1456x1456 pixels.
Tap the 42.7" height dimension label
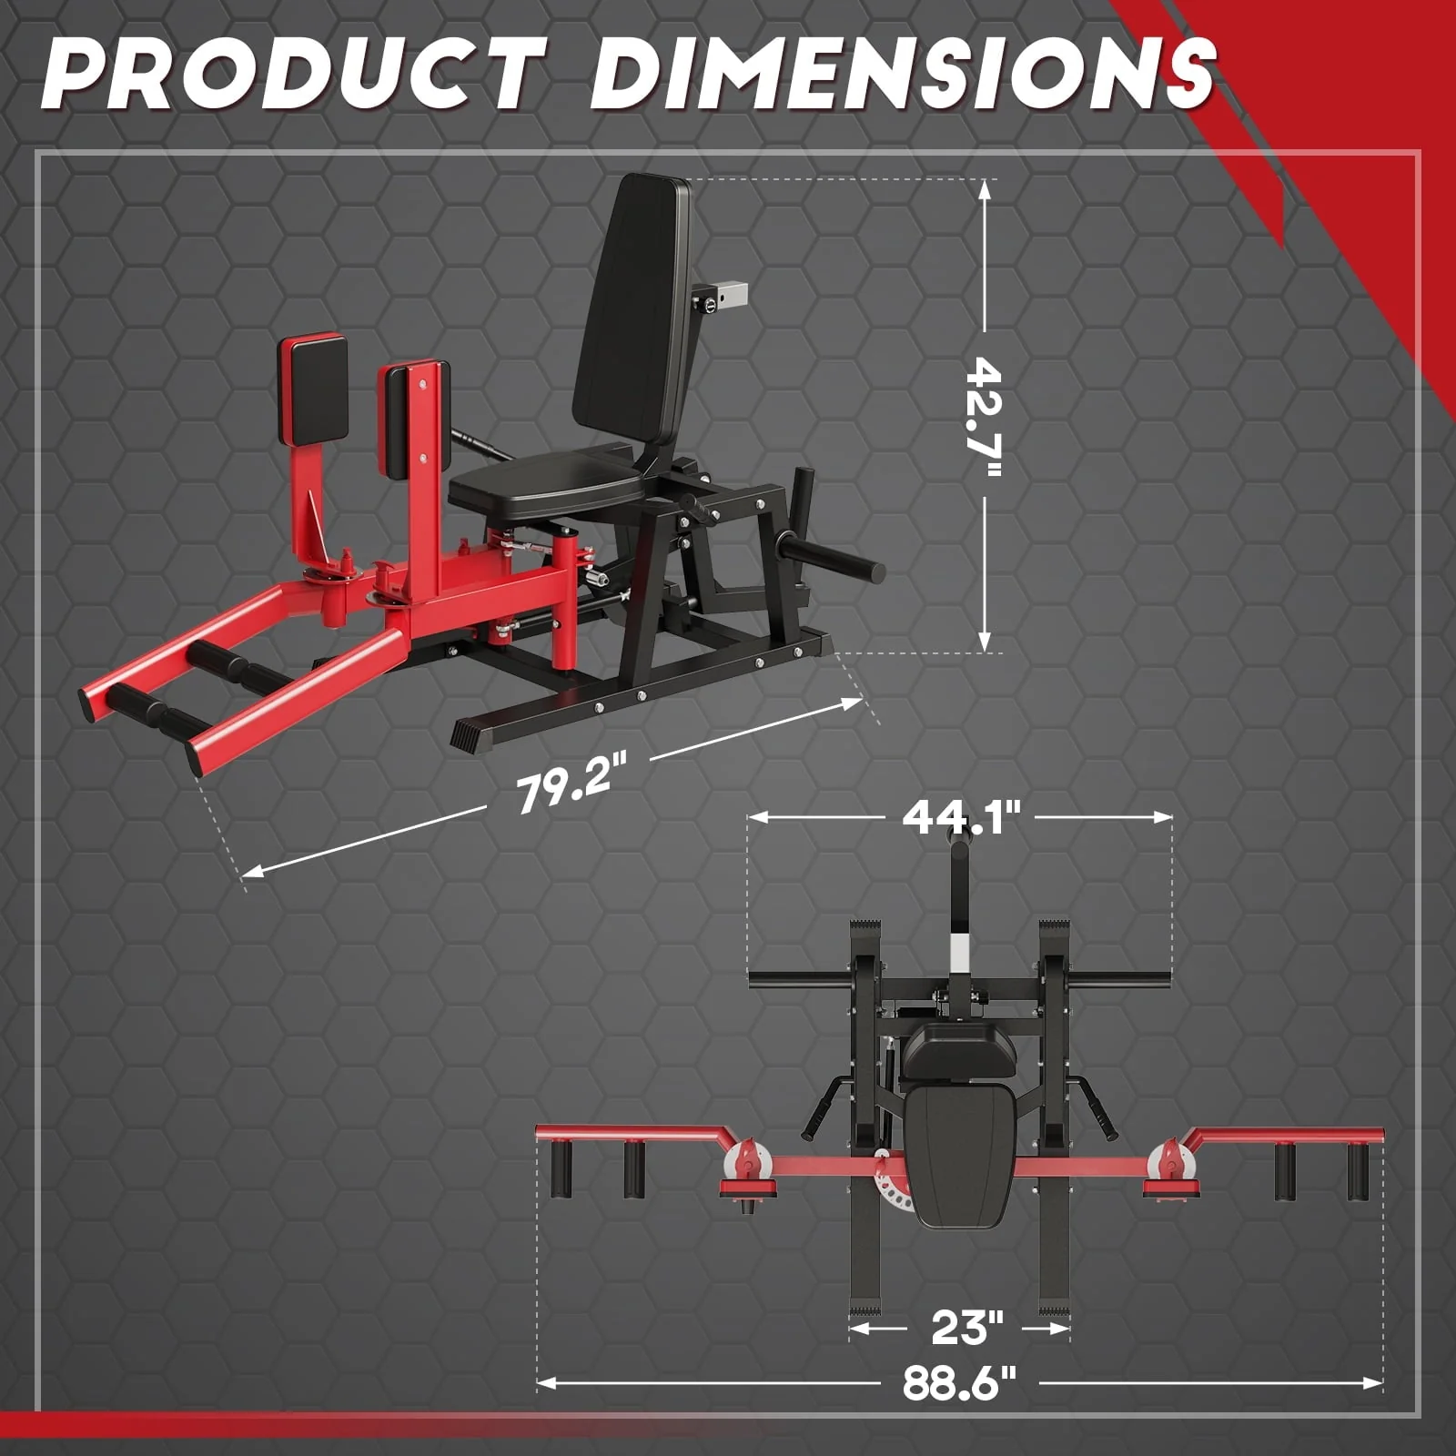[984, 417]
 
